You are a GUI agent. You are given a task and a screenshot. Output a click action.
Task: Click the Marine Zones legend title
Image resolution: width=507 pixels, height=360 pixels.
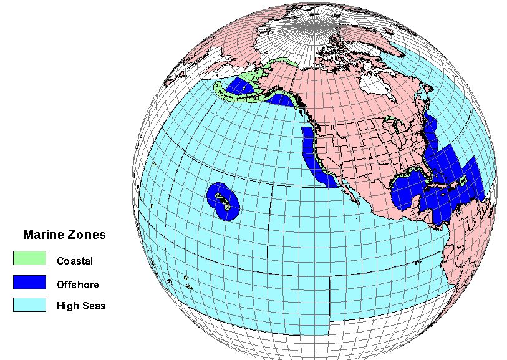pyautogui.click(x=64, y=235)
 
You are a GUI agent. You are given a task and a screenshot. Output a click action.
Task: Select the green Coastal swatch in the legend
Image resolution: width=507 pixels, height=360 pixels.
pyautogui.click(x=29, y=258)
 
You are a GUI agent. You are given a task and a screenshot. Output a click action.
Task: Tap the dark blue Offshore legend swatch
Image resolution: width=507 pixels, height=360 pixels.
pyautogui.click(x=29, y=281)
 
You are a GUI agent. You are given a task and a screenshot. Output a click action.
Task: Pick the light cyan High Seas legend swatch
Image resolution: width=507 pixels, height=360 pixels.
pyautogui.click(x=29, y=304)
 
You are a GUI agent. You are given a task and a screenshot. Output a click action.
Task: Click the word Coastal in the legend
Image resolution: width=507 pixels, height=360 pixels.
pyautogui.click(x=74, y=261)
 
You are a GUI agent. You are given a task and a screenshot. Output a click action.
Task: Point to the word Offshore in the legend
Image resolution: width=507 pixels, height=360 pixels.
pyautogui.click(x=77, y=285)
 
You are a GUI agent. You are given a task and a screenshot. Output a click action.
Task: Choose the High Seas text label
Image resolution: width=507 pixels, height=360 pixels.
pyautogui.click(x=81, y=306)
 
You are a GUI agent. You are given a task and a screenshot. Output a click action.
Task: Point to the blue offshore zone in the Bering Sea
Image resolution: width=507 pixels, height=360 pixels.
pyautogui.click(x=238, y=87)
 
